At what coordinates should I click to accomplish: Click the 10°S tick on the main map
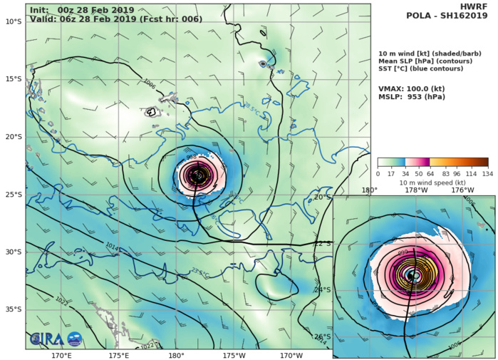coord(13,21)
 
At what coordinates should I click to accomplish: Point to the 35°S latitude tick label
coord(13,309)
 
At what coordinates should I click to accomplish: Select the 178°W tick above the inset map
coord(416,190)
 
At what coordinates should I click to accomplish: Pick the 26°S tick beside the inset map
coord(323,336)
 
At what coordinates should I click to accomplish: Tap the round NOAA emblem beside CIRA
coord(74,340)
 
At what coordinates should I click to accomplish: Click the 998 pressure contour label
coord(191,157)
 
